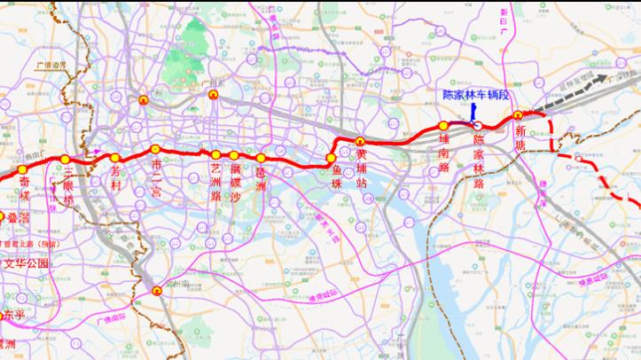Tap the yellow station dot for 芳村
(115, 158)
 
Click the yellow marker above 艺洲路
(216, 155)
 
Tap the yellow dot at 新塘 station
(518, 115)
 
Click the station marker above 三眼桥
(66, 160)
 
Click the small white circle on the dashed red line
(578, 159)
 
